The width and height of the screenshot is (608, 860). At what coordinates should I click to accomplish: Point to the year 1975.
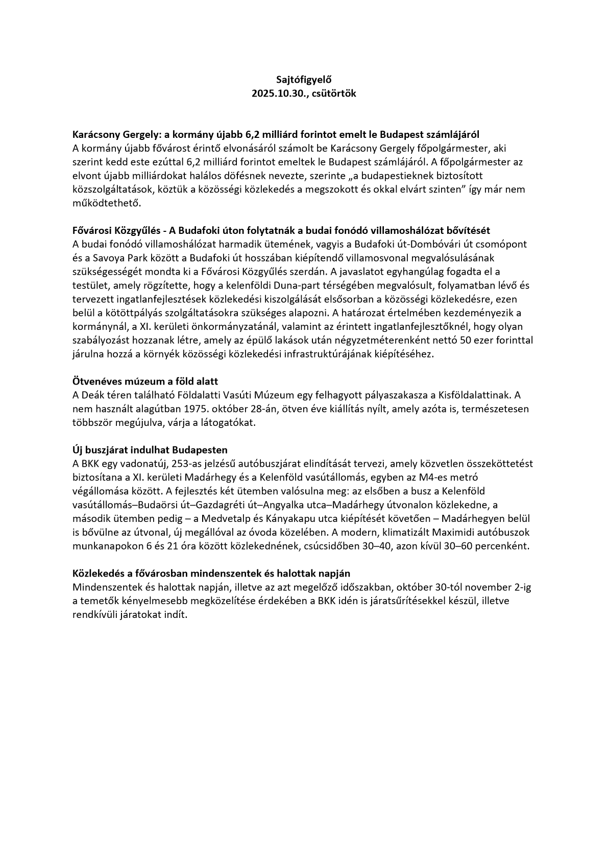180,409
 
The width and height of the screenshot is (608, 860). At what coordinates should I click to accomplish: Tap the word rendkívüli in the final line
95,614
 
